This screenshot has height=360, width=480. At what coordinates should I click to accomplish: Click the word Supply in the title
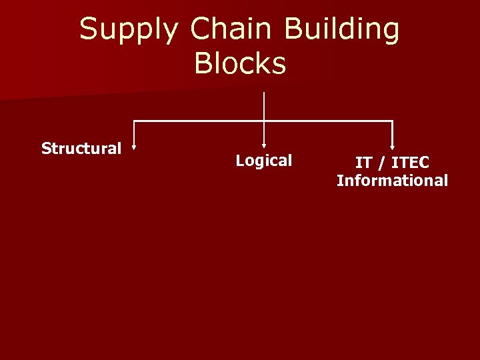pos(129,29)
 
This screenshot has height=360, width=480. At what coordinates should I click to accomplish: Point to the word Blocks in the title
pos(240,63)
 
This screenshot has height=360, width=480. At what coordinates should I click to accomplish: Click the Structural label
pos(81,148)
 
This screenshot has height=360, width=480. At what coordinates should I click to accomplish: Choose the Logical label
pos(264,160)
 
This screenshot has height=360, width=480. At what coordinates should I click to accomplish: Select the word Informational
pos(392,180)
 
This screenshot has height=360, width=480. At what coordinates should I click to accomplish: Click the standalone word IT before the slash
pos(363,163)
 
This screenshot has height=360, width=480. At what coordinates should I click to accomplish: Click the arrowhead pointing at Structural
pos(134,149)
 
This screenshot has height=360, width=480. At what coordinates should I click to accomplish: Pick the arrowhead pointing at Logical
pos(264,143)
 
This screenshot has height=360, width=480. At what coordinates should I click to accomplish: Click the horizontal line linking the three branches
pos(200,121)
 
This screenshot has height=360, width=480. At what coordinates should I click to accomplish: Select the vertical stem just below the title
pos(265,105)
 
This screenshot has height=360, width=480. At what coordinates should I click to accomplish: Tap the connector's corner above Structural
pos(135,121)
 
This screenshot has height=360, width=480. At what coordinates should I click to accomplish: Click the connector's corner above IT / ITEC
pos(393,121)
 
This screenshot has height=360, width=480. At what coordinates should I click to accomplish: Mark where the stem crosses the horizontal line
pos(265,121)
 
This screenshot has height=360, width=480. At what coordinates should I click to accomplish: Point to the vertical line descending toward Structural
pos(135,134)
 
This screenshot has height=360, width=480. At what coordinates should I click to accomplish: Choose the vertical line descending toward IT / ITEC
pos(393,133)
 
